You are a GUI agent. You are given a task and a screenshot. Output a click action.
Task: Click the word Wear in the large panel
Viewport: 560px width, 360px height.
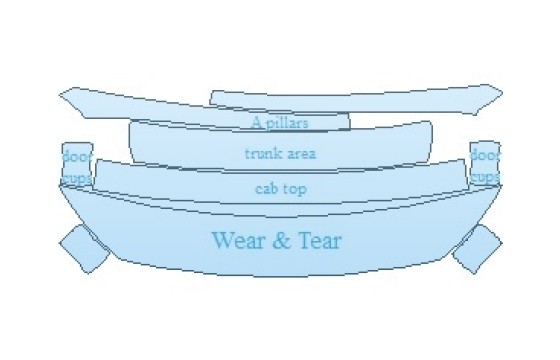click(237, 240)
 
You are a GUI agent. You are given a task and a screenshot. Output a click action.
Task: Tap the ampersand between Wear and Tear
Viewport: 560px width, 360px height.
click(281, 240)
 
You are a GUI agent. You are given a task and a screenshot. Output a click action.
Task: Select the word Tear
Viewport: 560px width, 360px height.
click(320, 240)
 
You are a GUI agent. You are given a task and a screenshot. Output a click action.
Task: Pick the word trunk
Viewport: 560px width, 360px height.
click(261, 154)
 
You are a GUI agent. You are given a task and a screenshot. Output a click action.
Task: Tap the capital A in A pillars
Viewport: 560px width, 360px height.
click(257, 122)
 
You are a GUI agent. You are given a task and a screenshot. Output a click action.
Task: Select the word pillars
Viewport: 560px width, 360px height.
click(287, 123)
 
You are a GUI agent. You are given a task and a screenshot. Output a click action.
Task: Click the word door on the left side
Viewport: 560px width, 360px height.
click(77, 156)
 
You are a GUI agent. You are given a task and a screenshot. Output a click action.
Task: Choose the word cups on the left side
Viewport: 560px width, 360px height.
click(77, 179)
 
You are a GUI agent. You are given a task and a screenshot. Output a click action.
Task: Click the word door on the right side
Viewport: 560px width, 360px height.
click(485, 155)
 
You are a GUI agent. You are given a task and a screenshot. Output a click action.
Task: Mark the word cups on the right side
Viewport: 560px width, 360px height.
click(485, 177)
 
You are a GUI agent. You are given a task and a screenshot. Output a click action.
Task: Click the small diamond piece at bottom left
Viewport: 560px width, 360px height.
click(85, 249)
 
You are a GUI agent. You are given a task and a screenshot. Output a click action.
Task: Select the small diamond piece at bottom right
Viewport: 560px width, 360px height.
click(477, 249)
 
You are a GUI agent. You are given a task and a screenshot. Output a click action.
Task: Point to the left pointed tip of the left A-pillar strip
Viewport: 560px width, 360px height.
click(59, 94)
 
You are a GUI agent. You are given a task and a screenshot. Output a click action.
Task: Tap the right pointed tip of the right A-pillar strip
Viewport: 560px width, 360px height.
click(502, 93)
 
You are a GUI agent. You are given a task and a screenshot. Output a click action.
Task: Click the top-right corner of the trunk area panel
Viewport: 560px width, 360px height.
click(430, 122)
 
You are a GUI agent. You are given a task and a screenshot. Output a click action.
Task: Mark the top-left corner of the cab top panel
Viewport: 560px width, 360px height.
click(97, 160)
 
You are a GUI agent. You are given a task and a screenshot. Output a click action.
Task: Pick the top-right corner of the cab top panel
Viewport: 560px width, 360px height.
click(464, 160)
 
